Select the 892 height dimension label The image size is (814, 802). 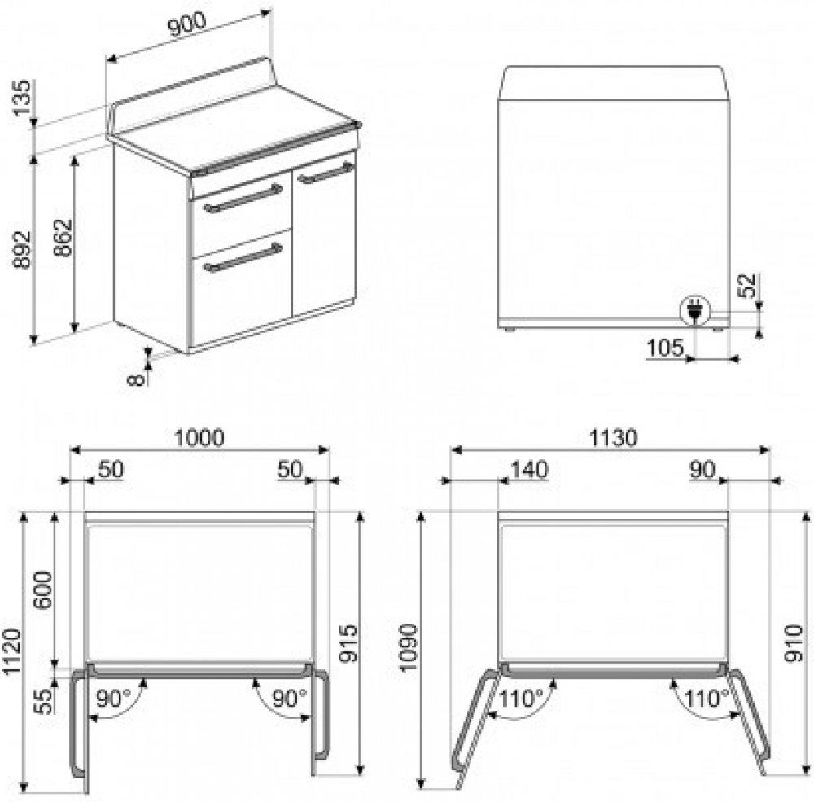[x=22, y=250]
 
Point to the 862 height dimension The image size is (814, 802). [x=63, y=238]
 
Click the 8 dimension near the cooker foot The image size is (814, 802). [x=135, y=379]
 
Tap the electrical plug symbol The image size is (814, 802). [x=694, y=310]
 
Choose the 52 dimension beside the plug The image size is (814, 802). [x=748, y=285]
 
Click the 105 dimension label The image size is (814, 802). [x=665, y=347]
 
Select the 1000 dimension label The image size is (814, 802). [x=199, y=438]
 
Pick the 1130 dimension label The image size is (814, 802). [x=613, y=438]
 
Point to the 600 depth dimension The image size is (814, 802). [x=44, y=590]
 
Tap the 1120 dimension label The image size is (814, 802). [x=12, y=652]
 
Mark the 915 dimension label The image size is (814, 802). [x=348, y=643]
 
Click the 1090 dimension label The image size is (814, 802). [x=409, y=647]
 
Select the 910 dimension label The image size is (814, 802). [x=794, y=643]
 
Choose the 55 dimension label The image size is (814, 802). [x=46, y=701]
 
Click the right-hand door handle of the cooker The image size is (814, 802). [x=326, y=173]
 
